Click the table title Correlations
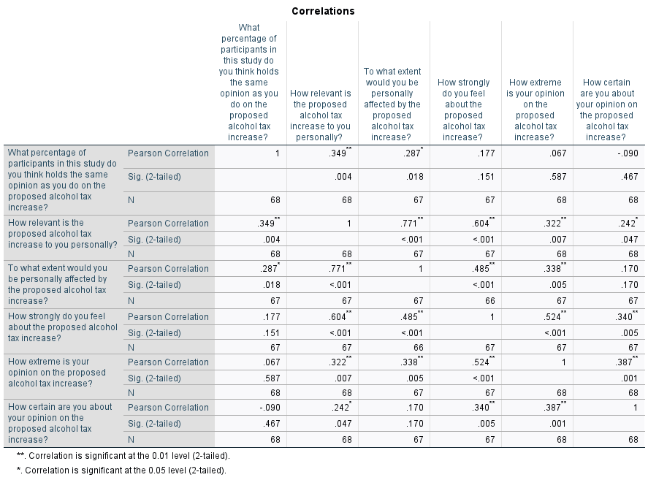(323, 11)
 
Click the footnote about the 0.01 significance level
(123, 456)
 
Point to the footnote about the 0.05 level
(121, 470)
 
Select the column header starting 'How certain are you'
(606, 110)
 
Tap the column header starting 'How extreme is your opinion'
(535, 110)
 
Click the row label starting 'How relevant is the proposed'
(63, 234)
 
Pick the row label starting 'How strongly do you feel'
(63, 327)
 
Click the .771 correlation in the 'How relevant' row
(411, 223)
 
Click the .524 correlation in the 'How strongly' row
(555, 316)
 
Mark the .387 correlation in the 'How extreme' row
(627, 362)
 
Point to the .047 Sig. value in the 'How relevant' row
(630, 239)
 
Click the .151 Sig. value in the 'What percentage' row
(486, 177)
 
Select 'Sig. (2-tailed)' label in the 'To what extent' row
(154, 284)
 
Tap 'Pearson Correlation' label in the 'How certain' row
(168, 407)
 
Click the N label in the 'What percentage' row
(131, 200)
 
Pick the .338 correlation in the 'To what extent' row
(555, 268)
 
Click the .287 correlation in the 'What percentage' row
(413, 153)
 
